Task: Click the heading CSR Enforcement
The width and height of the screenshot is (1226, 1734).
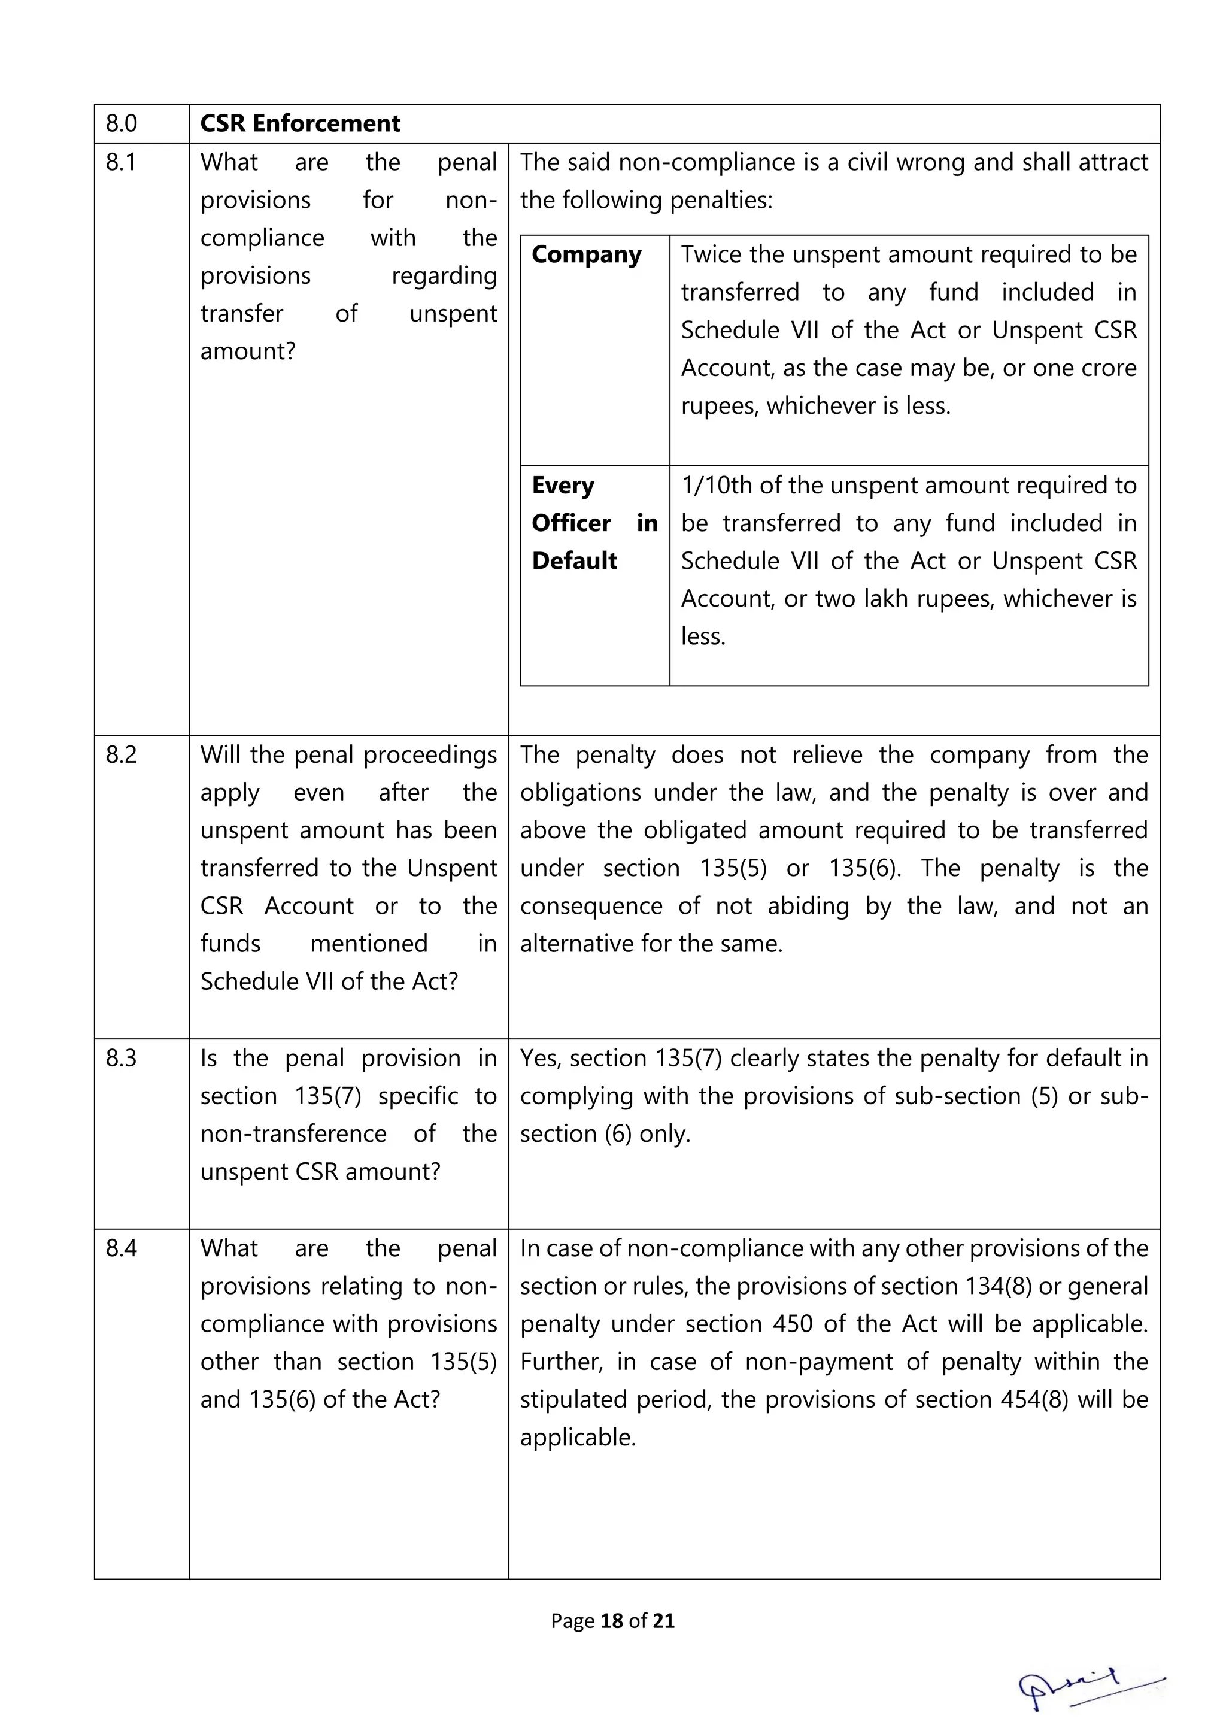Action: pos(300,123)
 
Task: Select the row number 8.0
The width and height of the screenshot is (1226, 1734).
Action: pos(121,123)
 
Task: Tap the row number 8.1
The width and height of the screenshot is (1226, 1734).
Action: pos(121,162)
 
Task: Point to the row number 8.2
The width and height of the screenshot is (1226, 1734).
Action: pos(121,754)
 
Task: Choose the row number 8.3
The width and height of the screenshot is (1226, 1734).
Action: pos(121,1058)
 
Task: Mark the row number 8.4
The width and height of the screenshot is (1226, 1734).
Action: pos(121,1248)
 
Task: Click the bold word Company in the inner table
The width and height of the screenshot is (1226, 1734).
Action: pos(586,255)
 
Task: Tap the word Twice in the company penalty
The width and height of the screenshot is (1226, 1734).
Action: pos(711,254)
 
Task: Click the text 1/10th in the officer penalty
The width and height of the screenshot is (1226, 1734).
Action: pos(717,486)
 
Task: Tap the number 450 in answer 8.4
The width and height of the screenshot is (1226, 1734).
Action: pos(792,1324)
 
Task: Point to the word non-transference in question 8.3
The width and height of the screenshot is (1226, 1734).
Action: pos(293,1133)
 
